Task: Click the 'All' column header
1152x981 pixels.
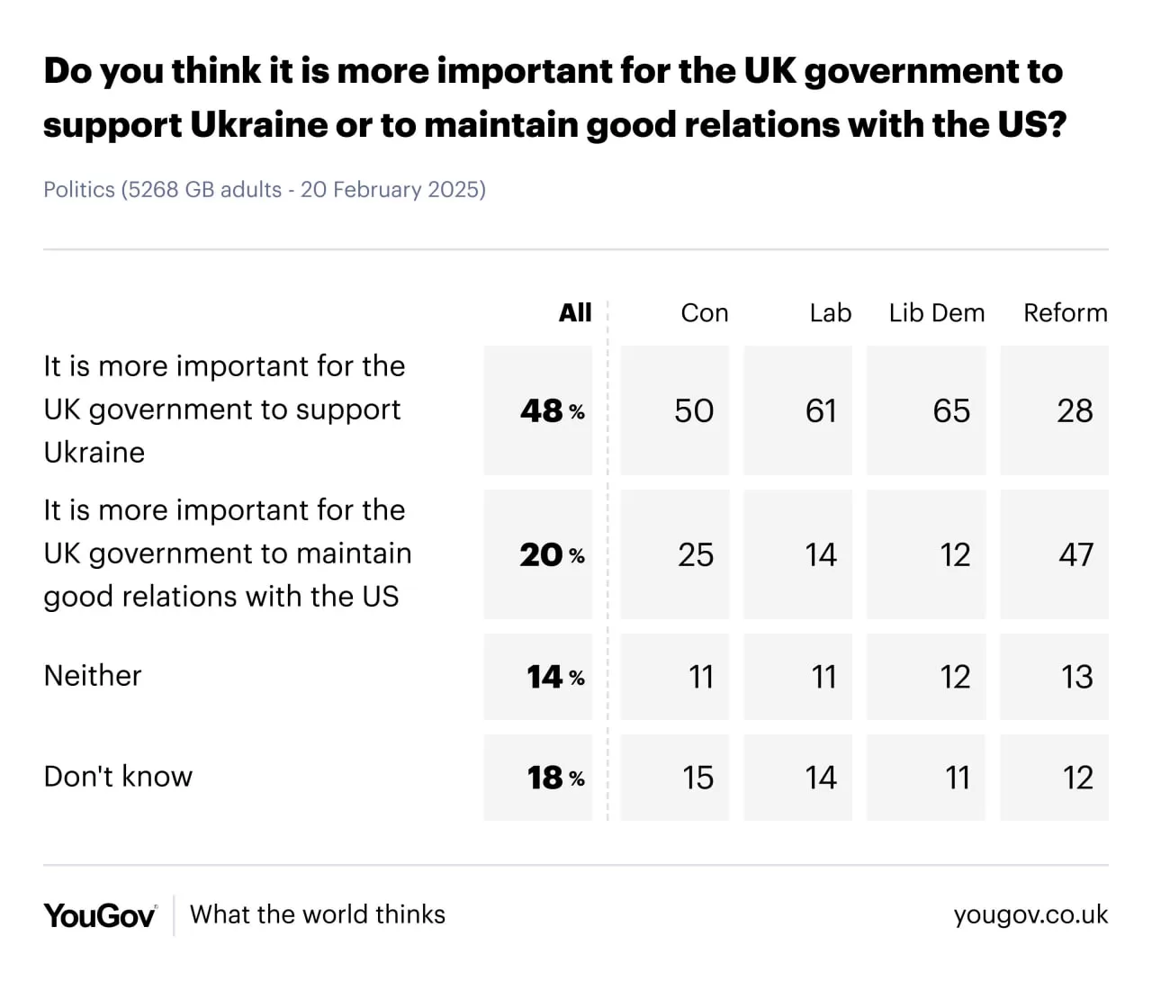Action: pyautogui.click(x=575, y=312)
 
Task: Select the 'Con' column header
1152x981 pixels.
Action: pyautogui.click(x=704, y=312)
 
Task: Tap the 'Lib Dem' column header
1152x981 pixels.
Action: pyautogui.click(x=936, y=312)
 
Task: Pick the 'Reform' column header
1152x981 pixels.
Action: pyautogui.click(x=1065, y=312)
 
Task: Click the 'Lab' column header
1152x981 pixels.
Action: pyautogui.click(x=830, y=312)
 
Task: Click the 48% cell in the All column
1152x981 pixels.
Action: pyautogui.click(x=551, y=410)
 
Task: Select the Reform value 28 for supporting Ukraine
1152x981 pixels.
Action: pyautogui.click(x=1075, y=410)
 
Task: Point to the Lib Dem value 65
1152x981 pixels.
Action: pyautogui.click(x=951, y=410)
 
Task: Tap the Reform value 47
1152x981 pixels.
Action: pyautogui.click(x=1075, y=554)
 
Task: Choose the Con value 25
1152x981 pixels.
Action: pyautogui.click(x=695, y=554)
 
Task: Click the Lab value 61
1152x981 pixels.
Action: pyautogui.click(x=821, y=410)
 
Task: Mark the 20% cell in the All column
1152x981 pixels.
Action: pyautogui.click(x=551, y=554)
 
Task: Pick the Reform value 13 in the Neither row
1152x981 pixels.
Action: pyautogui.click(x=1076, y=677)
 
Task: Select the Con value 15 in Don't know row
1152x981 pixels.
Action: pyautogui.click(x=697, y=778)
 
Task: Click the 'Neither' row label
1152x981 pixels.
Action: pyautogui.click(x=93, y=676)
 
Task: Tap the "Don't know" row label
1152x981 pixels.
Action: pyautogui.click(x=118, y=777)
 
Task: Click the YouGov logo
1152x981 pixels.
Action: pyautogui.click(x=100, y=915)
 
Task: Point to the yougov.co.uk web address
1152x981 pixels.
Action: pyautogui.click(x=1030, y=915)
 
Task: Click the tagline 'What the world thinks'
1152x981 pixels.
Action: pyautogui.click(x=318, y=914)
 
